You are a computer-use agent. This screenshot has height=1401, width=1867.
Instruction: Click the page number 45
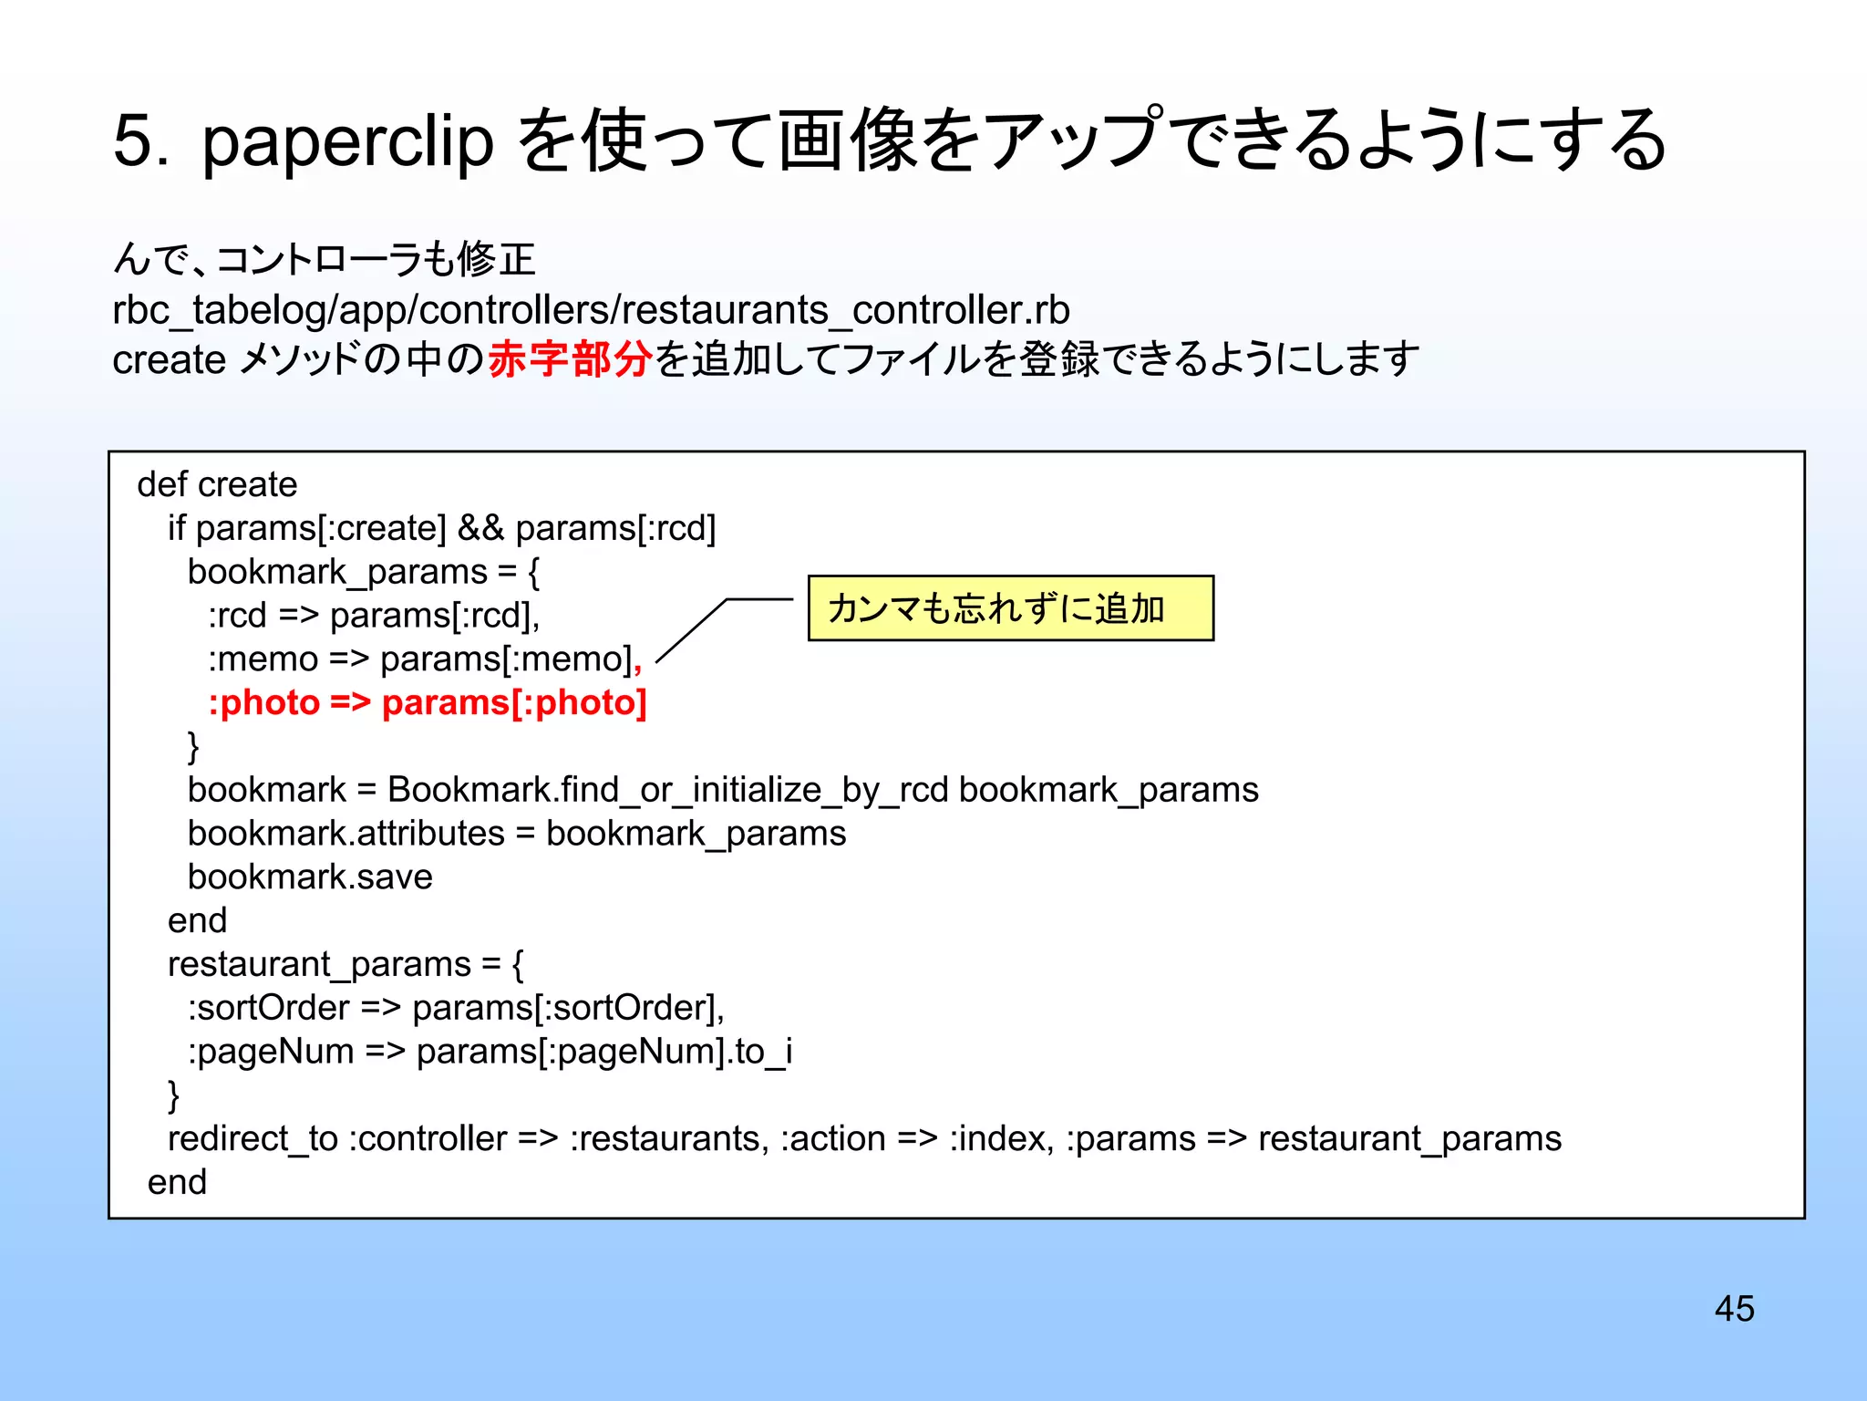[x=1734, y=1308]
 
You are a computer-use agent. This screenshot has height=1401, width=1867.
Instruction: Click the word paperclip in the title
[x=347, y=141]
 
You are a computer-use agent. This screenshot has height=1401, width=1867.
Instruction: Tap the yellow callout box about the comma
[x=1010, y=608]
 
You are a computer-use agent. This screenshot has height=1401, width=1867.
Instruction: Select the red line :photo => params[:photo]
[x=428, y=703]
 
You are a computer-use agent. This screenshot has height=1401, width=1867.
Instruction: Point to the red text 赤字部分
[x=570, y=358]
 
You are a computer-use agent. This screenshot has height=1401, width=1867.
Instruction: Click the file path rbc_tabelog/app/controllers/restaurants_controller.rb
[x=591, y=310]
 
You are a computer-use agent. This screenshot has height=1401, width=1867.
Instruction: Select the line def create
[x=217, y=484]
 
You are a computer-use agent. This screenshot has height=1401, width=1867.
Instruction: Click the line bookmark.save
[x=310, y=877]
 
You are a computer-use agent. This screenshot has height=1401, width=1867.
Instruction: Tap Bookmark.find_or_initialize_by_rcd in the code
[x=667, y=790]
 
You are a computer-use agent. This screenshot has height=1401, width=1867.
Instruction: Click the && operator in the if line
[x=480, y=528]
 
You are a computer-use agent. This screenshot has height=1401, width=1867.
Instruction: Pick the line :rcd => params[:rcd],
[x=374, y=616]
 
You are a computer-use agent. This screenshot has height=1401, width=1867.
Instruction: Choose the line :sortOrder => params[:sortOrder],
[x=456, y=1008]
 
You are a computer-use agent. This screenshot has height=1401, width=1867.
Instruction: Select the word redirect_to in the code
[x=253, y=1139]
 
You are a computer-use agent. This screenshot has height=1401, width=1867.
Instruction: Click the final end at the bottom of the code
[x=177, y=1182]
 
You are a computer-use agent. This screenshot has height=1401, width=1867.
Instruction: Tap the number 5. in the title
[x=140, y=141]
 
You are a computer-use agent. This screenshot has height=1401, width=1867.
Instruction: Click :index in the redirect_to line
[x=1001, y=1139]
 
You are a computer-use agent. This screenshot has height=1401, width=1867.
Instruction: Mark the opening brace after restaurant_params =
[x=518, y=964]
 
